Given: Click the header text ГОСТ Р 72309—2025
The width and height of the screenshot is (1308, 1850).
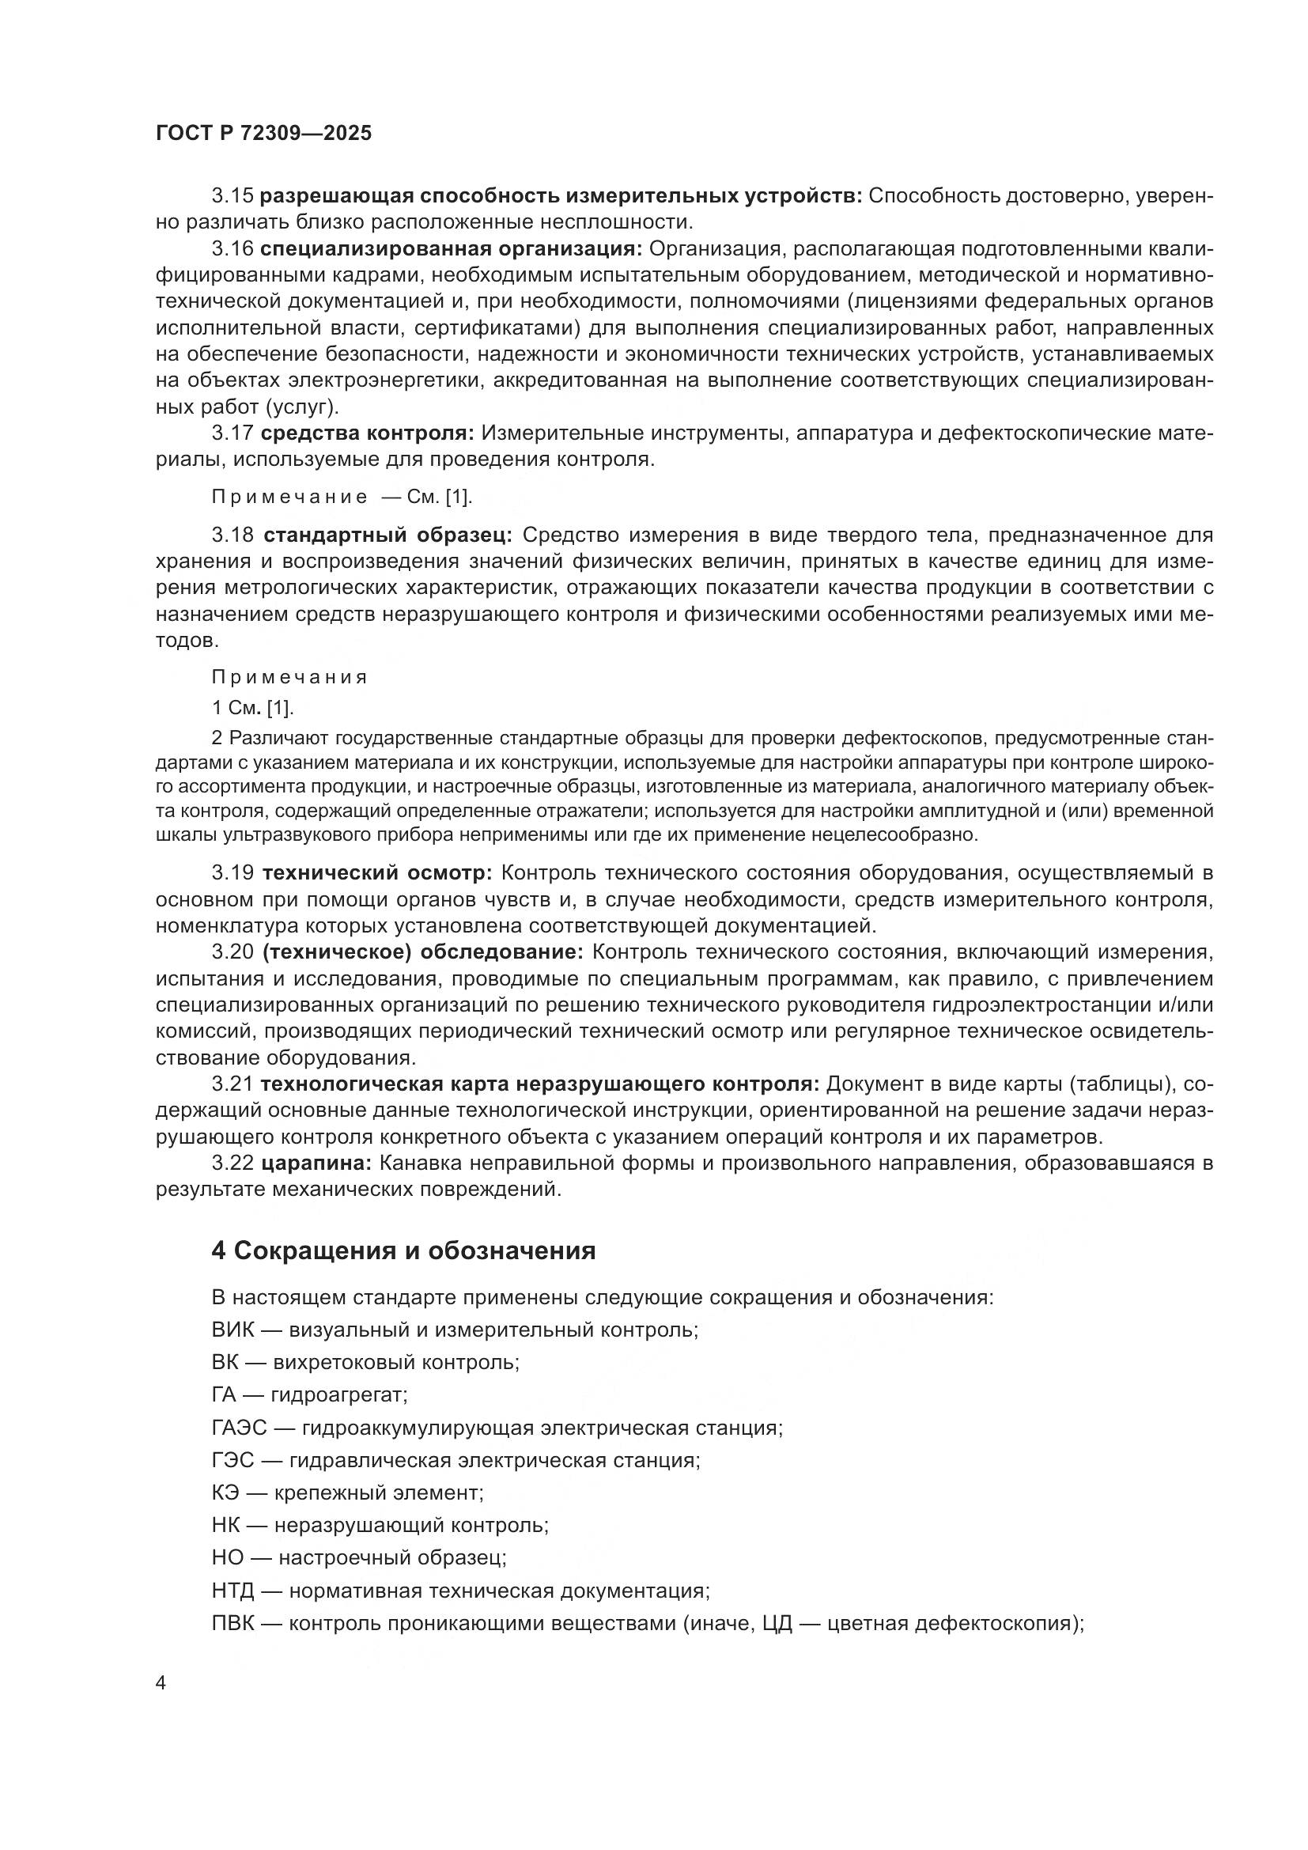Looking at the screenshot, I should click(264, 134).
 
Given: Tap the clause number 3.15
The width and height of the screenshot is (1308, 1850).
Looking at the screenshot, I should click(232, 196).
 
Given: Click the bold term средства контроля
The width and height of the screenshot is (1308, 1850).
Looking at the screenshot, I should click(367, 433).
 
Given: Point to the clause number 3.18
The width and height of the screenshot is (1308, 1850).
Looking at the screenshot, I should click(232, 535).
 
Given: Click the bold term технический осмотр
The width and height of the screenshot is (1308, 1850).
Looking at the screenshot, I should click(377, 872).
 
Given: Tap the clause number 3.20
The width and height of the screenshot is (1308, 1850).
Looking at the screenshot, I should click(232, 952).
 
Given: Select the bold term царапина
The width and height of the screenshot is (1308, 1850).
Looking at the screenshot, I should click(316, 1163).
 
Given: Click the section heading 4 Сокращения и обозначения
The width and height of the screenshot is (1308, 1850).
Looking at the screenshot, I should click(403, 1250).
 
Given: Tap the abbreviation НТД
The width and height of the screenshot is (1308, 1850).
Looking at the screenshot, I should click(232, 1591).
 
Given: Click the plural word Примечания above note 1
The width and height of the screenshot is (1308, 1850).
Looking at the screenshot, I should click(289, 677).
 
